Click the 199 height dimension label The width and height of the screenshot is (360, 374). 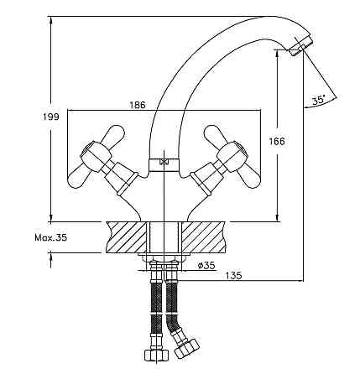tap(51, 117)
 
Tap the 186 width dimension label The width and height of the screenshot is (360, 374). tap(138, 105)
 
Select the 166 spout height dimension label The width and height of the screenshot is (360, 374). tap(277, 141)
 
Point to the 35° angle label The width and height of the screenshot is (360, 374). tap(319, 100)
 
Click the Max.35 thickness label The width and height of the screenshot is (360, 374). tap(51, 237)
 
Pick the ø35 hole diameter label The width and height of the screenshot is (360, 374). tap(206, 265)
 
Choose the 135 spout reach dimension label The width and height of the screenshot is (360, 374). tap(233, 276)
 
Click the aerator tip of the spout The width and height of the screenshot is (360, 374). tap(301, 46)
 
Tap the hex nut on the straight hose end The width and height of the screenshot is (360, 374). tap(157, 355)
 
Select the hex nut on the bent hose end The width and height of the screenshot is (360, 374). tap(186, 348)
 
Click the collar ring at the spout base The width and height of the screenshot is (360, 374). tap(164, 165)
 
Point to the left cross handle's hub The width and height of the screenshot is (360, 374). tap(94, 155)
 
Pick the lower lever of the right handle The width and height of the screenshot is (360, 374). tap(249, 176)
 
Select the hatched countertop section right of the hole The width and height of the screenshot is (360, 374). tap(203, 237)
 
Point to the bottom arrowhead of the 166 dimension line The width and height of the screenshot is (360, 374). tap(277, 216)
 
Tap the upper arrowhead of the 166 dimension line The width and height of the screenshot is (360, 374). tap(277, 55)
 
